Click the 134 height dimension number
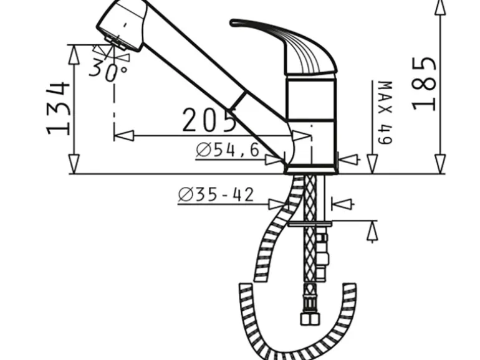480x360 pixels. [x=58, y=108]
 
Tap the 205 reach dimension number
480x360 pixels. [x=209, y=120]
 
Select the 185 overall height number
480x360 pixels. [x=424, y=84]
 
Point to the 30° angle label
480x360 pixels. [x=107, y=70]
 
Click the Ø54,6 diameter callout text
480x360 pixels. [x=228, y=150]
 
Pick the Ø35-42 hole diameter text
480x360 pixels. [x=216, y=195]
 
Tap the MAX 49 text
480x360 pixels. [x=385, y=113]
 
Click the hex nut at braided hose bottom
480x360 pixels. [x=310, y=319]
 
